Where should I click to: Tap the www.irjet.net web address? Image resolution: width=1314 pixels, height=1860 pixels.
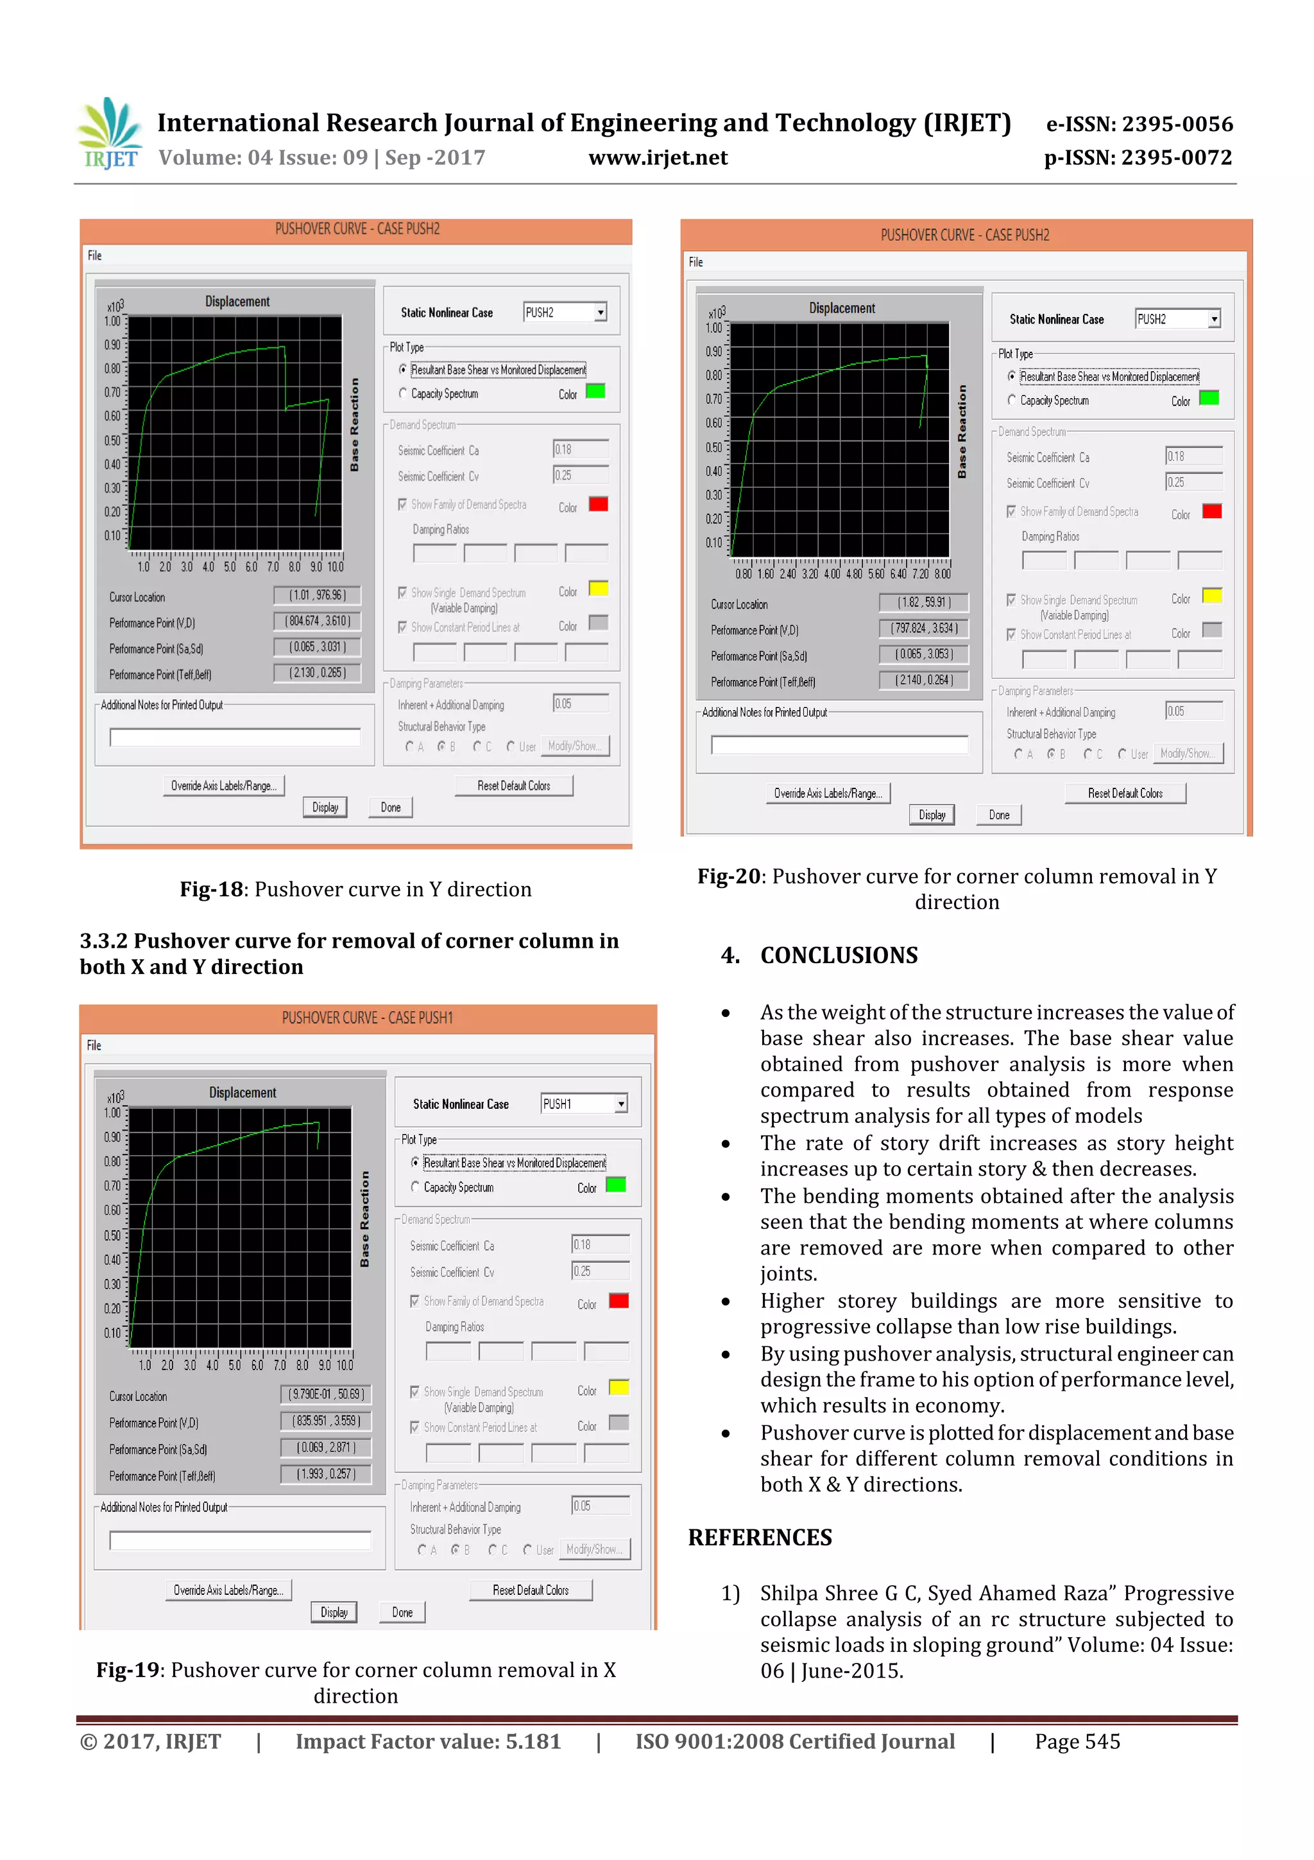(x=658, y=158)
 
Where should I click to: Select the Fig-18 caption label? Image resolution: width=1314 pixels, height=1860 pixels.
(x=210, y=889)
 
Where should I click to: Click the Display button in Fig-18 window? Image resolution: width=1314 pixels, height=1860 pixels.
(x=325, y=808)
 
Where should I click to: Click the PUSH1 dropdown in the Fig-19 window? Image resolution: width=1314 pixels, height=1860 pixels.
(x=584, y=1104)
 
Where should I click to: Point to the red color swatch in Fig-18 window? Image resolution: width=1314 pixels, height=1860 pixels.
(x=599, y=504)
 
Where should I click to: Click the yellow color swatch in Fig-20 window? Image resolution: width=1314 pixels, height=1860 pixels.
(x=1211, y=596)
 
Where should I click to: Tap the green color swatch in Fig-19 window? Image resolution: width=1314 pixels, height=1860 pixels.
(x=616, y=1185)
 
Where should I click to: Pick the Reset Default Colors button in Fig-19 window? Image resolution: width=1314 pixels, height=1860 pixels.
(x=531, y=1590)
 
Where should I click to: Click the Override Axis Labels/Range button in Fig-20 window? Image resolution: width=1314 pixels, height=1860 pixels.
(x=828, y=793)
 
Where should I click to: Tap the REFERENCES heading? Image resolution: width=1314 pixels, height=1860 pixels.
(x=760, y=1538)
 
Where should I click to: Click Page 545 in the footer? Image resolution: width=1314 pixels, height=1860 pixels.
(x=1077, y=1742)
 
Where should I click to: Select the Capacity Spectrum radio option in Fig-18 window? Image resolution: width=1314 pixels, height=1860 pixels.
(x=403, y=394)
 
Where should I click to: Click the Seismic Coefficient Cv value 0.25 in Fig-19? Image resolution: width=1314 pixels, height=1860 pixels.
(x=599, y=1271)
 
